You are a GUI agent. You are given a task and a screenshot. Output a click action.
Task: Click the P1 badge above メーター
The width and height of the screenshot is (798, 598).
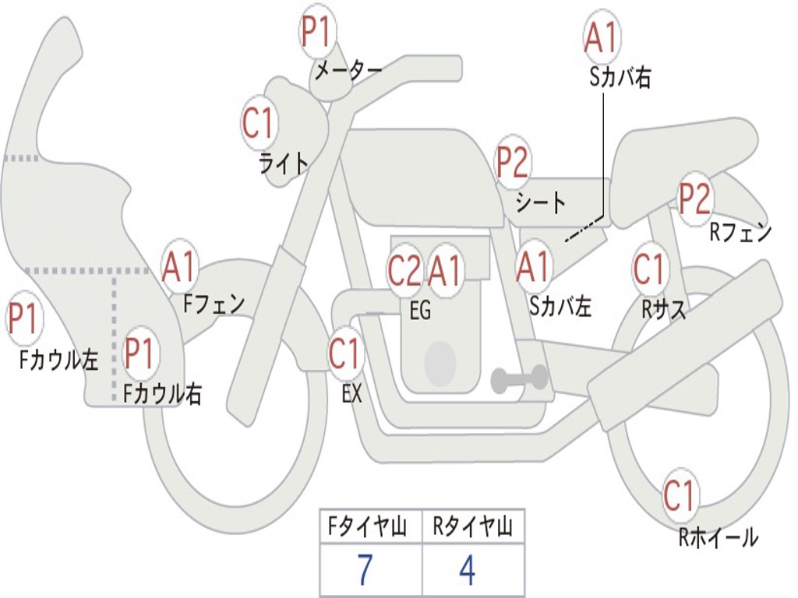[x=318, y=31]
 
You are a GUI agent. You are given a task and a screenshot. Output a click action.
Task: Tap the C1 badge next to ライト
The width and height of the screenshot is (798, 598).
[x=260, y=122]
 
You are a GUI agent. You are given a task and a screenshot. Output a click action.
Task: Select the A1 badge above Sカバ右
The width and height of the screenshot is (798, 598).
[x=602, y=37]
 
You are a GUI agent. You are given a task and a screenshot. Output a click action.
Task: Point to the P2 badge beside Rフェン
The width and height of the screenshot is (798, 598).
[x=695, y=199]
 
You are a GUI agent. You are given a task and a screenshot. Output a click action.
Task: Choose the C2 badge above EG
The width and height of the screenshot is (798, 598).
[x=405, y=270]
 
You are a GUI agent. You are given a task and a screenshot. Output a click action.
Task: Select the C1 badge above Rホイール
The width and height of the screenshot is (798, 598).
[x=680, y=495]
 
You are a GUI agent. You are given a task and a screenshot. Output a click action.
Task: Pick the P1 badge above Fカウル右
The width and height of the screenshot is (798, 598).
[x=140, y=354]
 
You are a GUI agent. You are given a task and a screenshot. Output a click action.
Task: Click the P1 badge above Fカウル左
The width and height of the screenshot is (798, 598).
[x=24, y=318]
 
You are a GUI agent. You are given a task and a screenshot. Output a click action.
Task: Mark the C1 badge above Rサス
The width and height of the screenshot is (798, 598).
[x=650, y=269]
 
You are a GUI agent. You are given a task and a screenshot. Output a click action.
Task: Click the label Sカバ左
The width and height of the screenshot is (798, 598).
[x=560, y=306]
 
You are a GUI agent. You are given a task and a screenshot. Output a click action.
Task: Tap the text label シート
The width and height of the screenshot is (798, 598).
[x=541, y=202]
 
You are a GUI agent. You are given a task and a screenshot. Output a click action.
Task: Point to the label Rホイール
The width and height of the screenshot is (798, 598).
[x=718, y=538]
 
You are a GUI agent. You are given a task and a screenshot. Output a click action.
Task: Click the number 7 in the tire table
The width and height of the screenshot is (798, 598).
[x=365, y=569]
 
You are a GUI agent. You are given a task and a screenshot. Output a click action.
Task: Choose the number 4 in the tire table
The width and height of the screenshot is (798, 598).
[x=468, y=569]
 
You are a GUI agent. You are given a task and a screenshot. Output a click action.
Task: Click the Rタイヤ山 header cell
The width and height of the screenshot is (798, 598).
[x=473, y=526]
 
